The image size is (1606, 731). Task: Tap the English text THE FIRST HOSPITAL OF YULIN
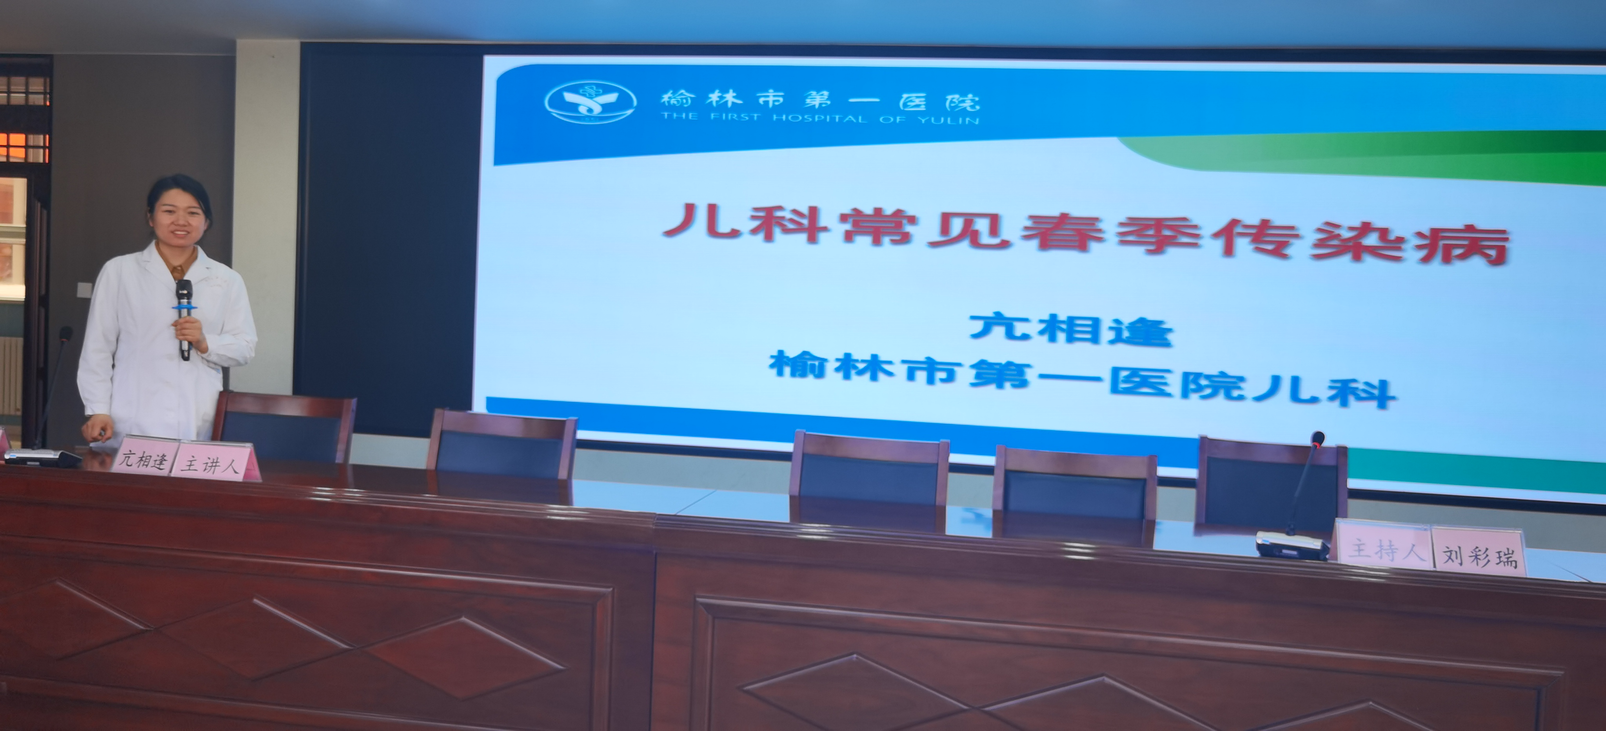click(820, 118)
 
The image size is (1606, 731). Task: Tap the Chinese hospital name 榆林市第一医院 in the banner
click(820, 98)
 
